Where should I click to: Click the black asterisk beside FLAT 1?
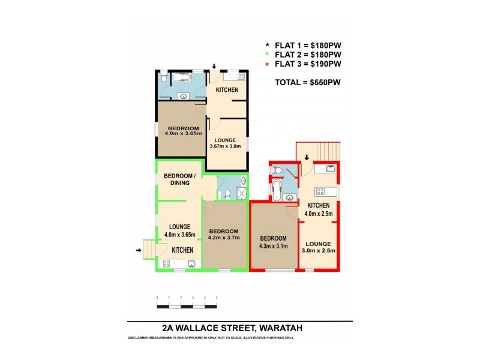tap(268, 45)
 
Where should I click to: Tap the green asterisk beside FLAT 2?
tap(268, 55)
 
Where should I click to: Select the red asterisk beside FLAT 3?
tap(268, 64)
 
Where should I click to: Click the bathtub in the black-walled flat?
tap(180, 77)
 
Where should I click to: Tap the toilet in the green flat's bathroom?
tap(227, 193)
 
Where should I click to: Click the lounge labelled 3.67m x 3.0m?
tap(226, 143)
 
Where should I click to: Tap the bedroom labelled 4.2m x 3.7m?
tap(224, 234)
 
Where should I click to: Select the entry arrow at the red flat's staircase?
tap(307, 158)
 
